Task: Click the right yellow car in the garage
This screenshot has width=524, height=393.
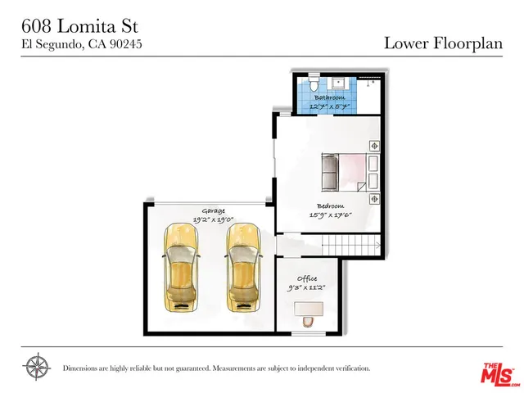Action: pos(242,268)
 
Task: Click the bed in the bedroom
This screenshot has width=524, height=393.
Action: pos(348,172)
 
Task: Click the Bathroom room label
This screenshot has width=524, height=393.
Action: pos(328,97)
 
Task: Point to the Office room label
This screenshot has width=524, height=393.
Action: pos(307,279)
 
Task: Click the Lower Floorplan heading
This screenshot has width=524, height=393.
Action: pos(443,43)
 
